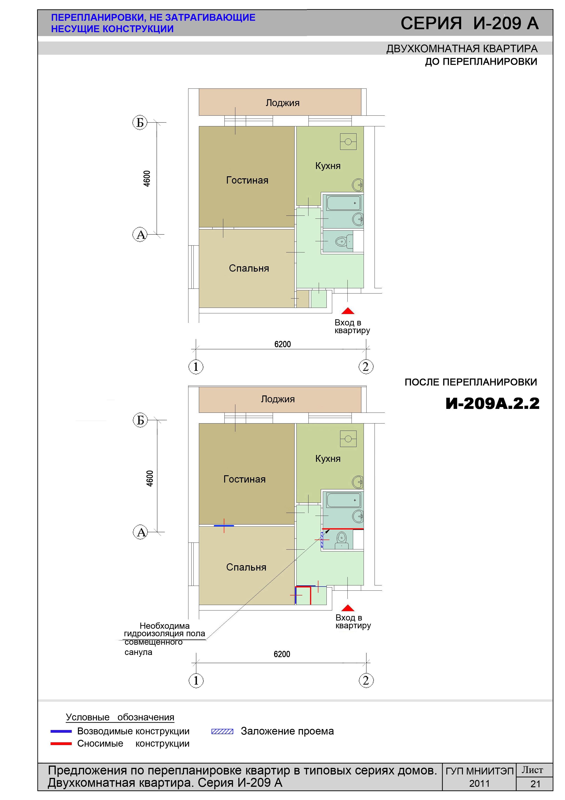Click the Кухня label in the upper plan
point(328,166)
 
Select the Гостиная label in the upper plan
point(247,180)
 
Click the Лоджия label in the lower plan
point(278,399)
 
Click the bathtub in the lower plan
point(344,500)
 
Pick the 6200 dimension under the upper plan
point(282,344)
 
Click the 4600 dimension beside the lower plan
point(150,479)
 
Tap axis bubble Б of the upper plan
point(140,123)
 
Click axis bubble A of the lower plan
point(141,532)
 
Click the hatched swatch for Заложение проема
point(222,731)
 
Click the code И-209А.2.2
point(492,403)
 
